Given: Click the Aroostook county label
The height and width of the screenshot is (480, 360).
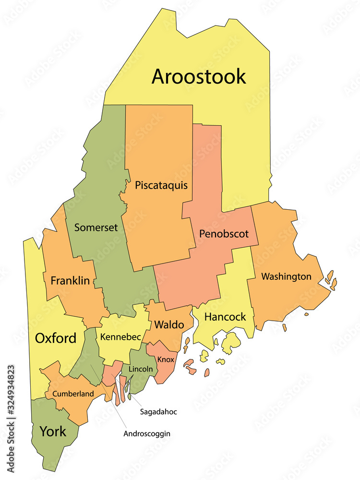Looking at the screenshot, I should pos(199,76).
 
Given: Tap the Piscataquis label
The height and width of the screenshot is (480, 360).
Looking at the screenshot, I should pos(161,185).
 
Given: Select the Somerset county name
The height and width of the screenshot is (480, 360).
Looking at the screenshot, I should pos(96,228).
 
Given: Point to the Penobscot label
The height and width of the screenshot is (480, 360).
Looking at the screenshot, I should pos(224,234).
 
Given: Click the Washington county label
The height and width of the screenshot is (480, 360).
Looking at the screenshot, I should pos(286,276).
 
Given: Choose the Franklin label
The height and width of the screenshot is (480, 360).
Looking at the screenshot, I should pos(70,280).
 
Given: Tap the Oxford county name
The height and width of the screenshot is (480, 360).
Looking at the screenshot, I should pos(56,338).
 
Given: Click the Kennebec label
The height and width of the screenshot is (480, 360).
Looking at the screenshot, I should pos(120,337).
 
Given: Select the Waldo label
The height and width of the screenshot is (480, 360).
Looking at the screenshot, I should pos(169,325).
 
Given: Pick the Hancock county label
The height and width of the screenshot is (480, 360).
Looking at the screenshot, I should pos(225,317).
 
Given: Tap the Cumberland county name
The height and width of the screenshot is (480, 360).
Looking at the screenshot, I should pos(73,394).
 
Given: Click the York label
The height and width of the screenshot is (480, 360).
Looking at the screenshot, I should pos(53,431).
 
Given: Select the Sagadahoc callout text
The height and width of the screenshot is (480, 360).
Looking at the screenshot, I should pos(158,412).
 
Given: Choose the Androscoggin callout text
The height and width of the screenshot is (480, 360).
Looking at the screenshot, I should pos(147,433).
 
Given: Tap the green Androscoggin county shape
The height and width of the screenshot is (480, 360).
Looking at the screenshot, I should pos(84,358).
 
